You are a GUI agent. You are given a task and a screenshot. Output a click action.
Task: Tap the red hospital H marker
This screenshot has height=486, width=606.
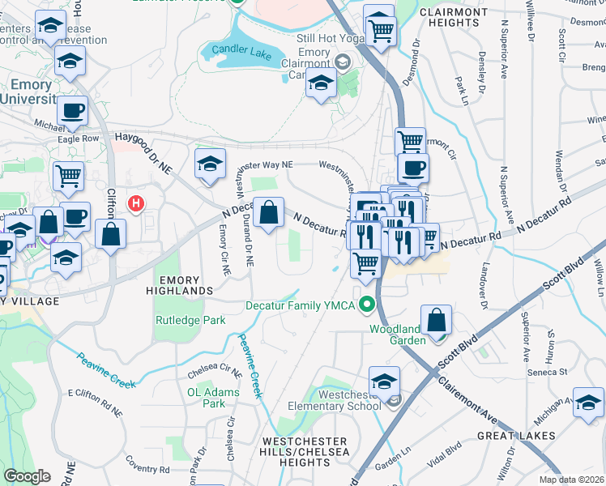click(x=136, y=203)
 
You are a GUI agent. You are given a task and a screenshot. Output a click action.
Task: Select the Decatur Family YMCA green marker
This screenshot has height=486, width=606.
click(x=367, y=305)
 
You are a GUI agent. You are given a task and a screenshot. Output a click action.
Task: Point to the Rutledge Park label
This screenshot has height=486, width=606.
click(x=190, y=320)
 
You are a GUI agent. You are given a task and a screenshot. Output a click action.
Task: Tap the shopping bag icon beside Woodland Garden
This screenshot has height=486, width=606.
click(x=437, y=320)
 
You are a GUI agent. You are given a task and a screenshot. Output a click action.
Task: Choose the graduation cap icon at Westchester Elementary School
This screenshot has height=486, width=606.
click(x=384, y=381)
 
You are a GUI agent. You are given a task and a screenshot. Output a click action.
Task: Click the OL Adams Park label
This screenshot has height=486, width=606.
click(x=206, y=397)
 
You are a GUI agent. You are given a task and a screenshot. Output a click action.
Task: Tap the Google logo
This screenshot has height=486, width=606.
click(x=27, y=476)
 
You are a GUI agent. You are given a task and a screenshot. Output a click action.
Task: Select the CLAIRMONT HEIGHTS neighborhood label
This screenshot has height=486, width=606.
click(x=454, y=19)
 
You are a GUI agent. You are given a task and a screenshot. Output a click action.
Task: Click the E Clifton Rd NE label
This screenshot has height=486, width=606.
click(x=94, y=403)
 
